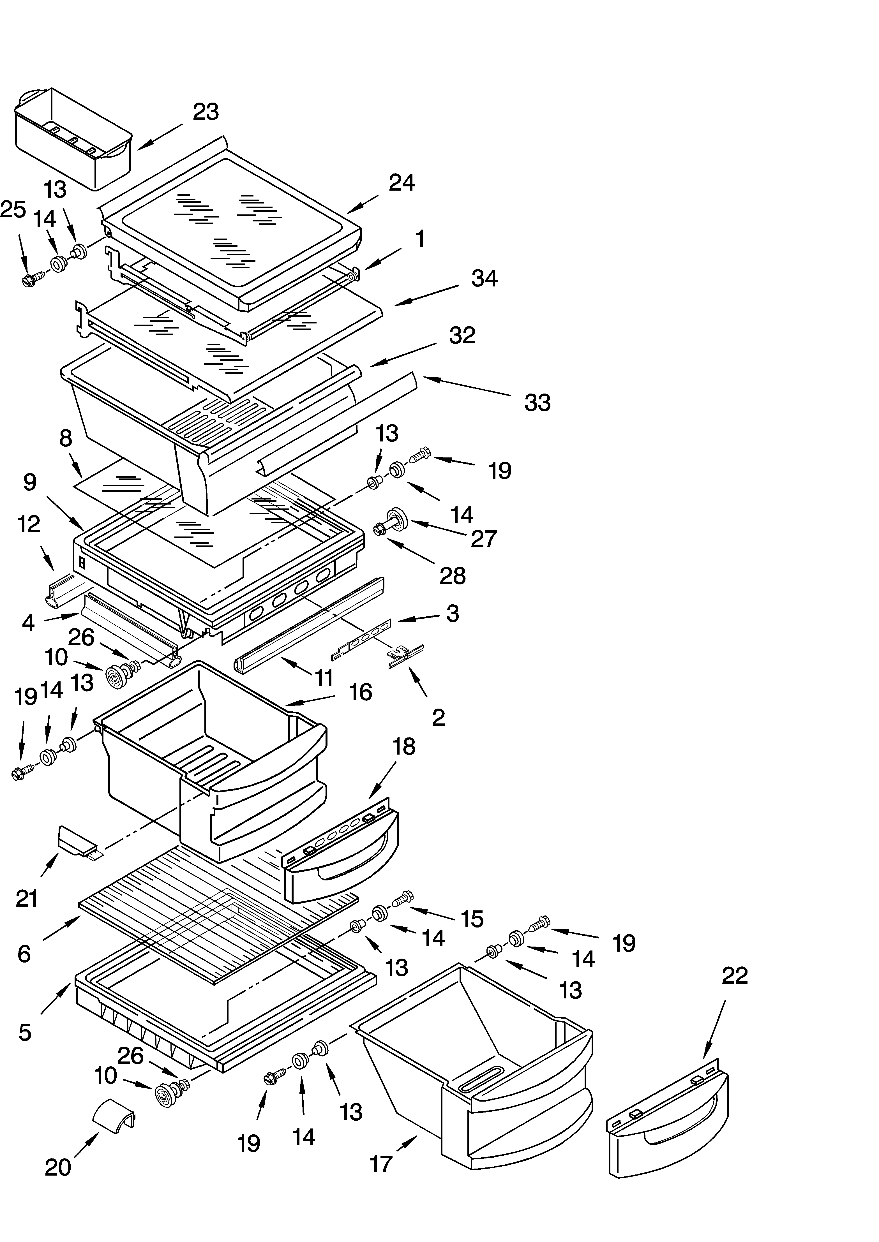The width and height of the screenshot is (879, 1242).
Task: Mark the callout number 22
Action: click(735, 976)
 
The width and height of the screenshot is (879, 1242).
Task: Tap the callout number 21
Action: click(27, 899)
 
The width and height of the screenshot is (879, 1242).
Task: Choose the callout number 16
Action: click(361, 692)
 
